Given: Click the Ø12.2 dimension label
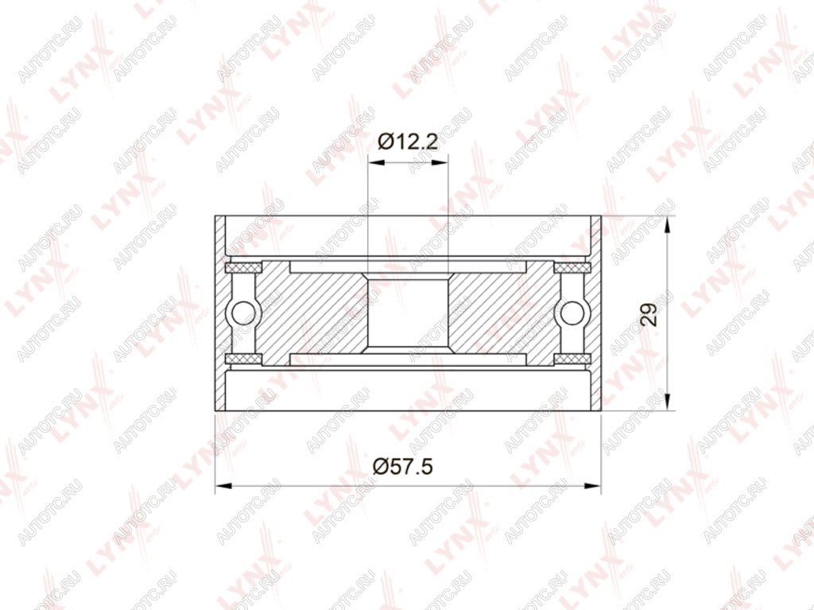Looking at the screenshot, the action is coord(408,142).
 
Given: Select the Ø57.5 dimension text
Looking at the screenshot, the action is coord(403,466).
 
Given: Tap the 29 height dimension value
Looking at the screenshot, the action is coord(649,314).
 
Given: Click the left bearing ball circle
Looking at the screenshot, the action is coord(243,313).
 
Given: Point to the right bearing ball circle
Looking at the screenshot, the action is coord(572,313).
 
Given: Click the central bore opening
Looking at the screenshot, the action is coord(408,313).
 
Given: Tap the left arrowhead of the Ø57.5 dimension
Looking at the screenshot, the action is coord(223,487).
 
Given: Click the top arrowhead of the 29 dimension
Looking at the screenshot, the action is coord(668,224).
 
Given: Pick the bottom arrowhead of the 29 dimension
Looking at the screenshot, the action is coord(668,402).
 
